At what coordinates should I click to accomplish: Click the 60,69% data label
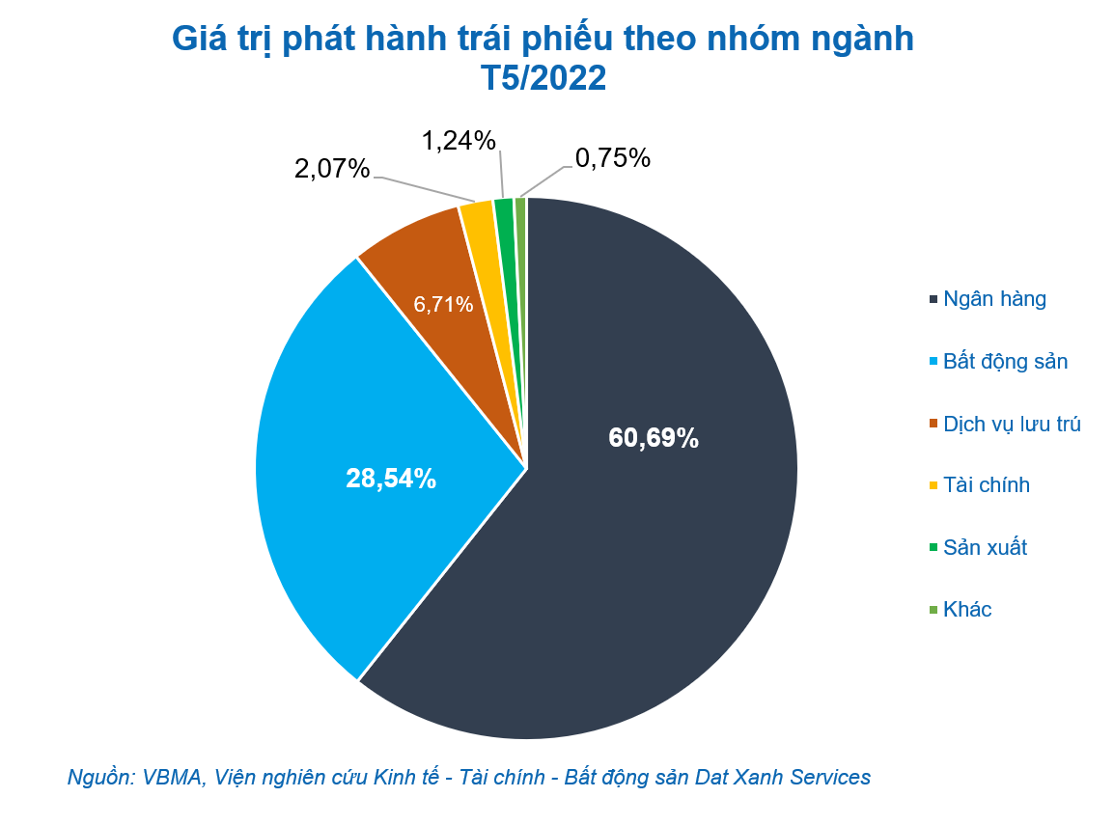tap(654, 438)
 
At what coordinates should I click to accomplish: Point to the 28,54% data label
tap(391, 478)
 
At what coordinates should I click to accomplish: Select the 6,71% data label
tap(443, 305)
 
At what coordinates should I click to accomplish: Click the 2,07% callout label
tap(332, 169)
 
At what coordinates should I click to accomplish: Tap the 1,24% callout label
tap(459, 141)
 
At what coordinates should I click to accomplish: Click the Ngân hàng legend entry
tap(994, 299)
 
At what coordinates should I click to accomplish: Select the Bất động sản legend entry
tap(1005, 362)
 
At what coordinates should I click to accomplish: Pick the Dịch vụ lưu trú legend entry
tap(1012, 424)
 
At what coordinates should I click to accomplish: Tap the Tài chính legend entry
tap(987, 485)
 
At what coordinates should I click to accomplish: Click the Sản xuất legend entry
tap(985, 548)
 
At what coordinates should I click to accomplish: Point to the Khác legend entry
tap(967, 610)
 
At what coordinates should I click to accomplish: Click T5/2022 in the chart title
tap(543, 78)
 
